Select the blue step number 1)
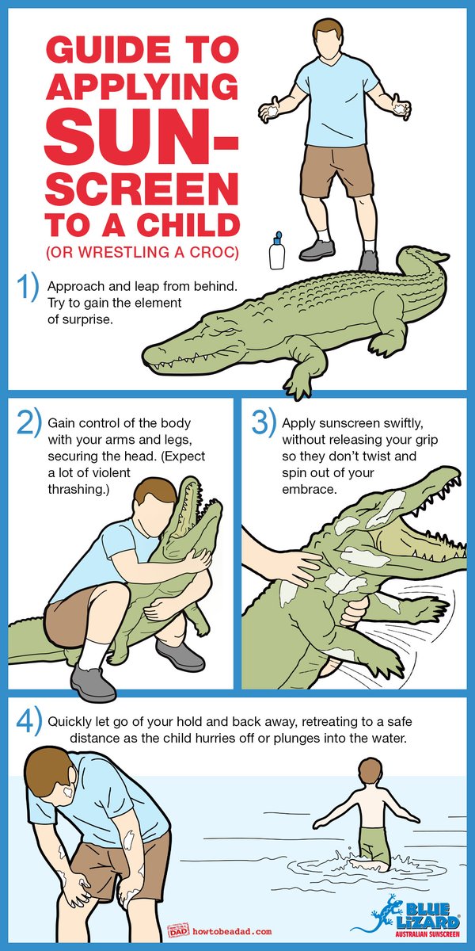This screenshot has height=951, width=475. tap(27, 288)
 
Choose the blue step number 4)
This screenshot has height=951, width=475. tap(28, 720)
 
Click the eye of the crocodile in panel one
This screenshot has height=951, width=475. tap(228, 330)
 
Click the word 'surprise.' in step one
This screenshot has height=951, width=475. tap(80, 319)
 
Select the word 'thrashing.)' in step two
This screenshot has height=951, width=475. tap(78, 490)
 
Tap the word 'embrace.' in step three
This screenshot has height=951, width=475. tap(310, 489)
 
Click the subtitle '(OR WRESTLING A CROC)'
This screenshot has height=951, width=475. tap(142, 252)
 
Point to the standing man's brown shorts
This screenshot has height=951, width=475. tap(339, 170)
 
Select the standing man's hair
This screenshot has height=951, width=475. tap(328, 30)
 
